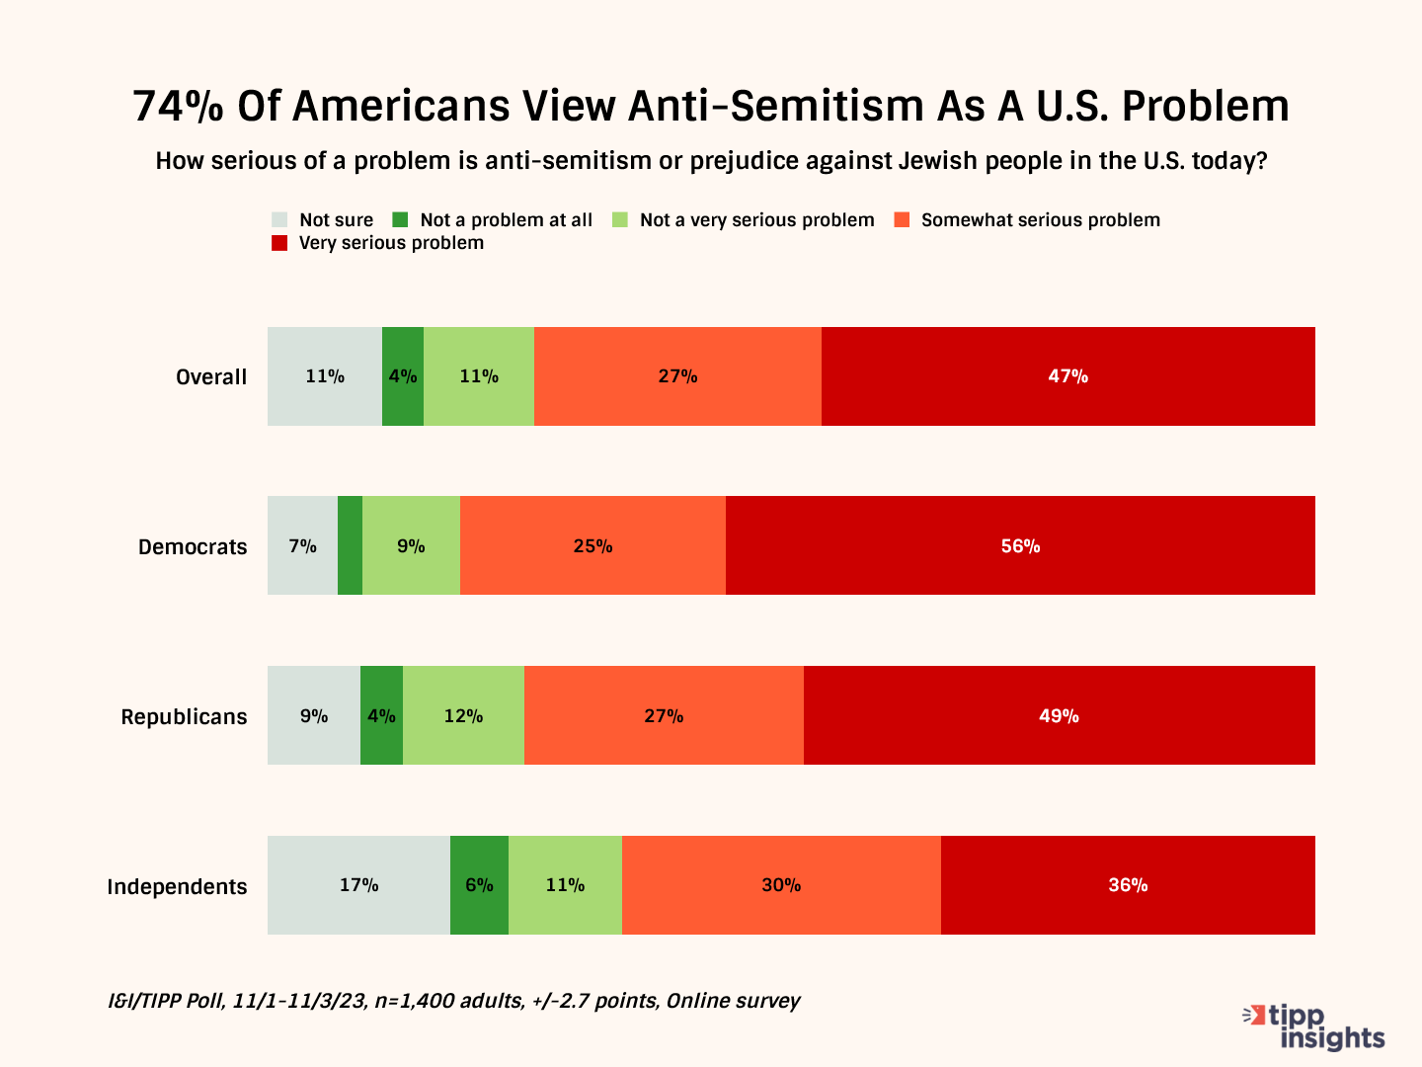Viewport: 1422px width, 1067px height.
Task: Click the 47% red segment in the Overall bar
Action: point(1067,376)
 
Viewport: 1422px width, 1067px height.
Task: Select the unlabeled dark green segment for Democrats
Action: point(350,545)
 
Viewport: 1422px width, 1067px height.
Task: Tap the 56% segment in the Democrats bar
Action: point(1020,545)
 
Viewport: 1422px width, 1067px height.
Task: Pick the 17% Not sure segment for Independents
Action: point(358,885)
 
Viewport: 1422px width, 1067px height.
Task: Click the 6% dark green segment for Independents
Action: point(479,885)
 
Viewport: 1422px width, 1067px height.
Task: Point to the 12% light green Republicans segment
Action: point(463,715)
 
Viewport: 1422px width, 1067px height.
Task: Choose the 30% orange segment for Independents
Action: point(781,885)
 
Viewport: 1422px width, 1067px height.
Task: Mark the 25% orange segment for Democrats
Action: point(592,545)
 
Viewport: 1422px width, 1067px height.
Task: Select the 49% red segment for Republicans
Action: point(1059,715)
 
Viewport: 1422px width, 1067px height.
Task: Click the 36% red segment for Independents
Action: point(1128,885)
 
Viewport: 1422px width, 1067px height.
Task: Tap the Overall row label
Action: point(211,377)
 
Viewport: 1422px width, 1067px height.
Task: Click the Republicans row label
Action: point(184,717)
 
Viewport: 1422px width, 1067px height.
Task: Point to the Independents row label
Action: point(177,887)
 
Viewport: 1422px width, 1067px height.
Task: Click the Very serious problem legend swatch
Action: point(279,243)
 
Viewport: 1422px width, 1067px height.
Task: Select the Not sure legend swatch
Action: point(279,220)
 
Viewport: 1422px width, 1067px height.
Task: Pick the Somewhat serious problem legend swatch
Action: point(902,220)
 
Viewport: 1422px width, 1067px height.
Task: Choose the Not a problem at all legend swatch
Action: point(400,220)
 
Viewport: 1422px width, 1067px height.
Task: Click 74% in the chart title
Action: point(178,107)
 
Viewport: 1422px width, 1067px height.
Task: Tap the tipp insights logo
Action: point(1315,1026)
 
